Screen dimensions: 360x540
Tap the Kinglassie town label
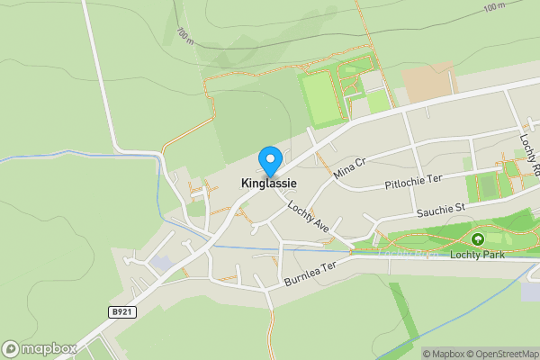pos(269,184)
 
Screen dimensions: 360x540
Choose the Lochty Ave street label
pos(309,218)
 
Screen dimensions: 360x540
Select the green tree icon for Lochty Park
pos(477,239)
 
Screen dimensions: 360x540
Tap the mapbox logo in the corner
pos(39,348)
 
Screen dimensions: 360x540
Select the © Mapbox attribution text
pos(440,354)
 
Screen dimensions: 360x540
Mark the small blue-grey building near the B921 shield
pos(163,263)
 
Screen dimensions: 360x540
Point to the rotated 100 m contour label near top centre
pos(185,36)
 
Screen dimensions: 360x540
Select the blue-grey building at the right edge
pos(532,291)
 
